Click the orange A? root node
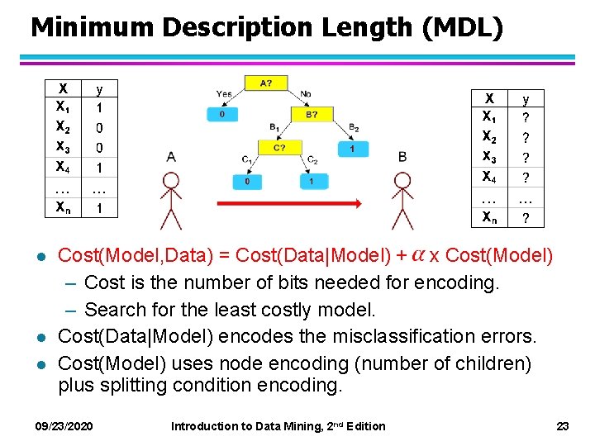(265, 83)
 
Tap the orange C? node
(281, 149)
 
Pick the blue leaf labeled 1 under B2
(353, 149)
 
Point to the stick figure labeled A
(171, 202)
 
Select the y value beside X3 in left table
(100, 148)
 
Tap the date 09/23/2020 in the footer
(64, 426)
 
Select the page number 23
(563, 426)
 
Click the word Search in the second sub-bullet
(112, 310)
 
